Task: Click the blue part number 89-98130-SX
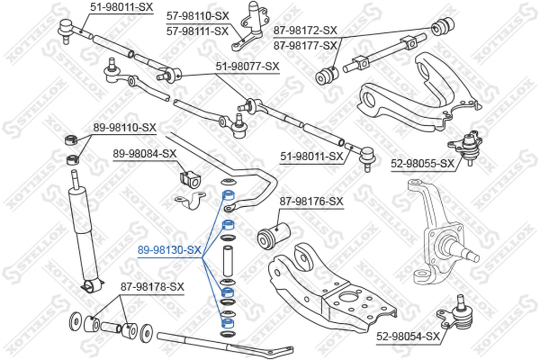[169, 250]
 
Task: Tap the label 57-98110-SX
[198, 16]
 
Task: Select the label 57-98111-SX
[198, 31]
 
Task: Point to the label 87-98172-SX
[305, 30]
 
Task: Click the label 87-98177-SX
[305, 45]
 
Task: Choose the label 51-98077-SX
[248, 66]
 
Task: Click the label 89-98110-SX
[125, 128]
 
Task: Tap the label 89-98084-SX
[145, 154]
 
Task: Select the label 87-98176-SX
[312, 201]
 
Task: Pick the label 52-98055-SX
[423, 164]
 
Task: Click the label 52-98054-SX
[408, 336]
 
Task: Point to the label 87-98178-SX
[152, 287]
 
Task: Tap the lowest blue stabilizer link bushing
[228, 323]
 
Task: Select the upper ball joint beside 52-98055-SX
[467, 146]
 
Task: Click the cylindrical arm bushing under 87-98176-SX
[274, 235]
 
